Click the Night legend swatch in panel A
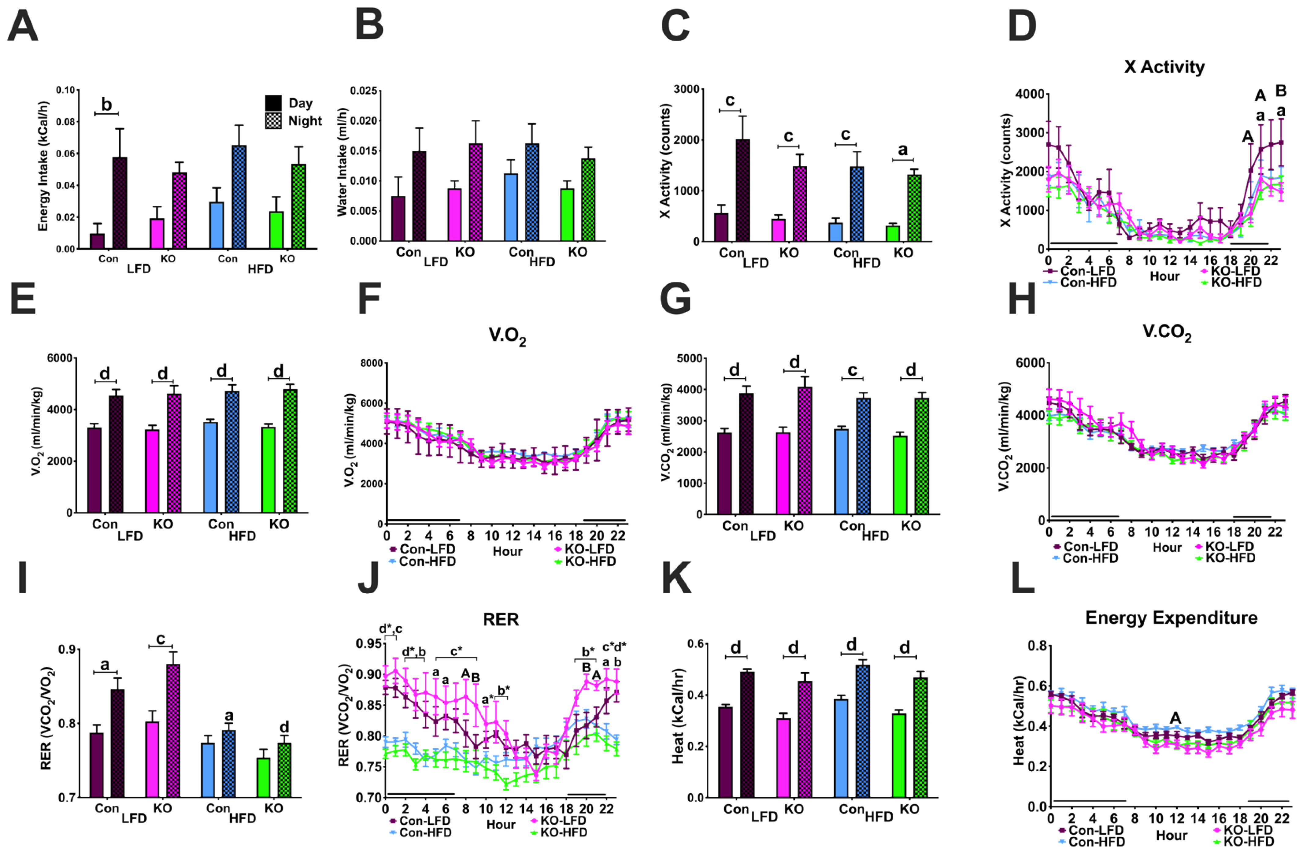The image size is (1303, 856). click(273, 120)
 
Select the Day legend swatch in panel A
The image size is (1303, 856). click(273, 103)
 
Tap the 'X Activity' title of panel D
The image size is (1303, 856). click(1164, 67)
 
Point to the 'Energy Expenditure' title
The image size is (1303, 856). click(1171, 618)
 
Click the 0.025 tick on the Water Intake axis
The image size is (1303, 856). click(364, 90)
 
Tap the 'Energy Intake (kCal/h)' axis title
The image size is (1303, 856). click(43, 165)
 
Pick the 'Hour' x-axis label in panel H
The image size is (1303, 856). click(1167, 547)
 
